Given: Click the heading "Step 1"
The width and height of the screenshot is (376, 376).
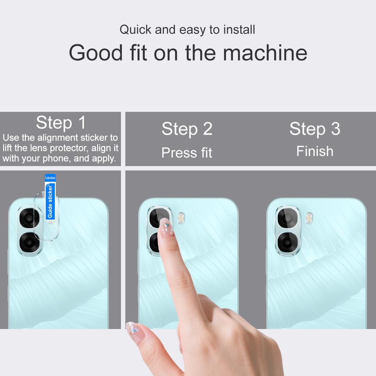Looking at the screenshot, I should (x=61, y=123).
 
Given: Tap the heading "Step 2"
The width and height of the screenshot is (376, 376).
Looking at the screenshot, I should (x=187, y=129).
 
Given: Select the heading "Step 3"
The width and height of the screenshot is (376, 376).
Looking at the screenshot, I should (x=315, y=129).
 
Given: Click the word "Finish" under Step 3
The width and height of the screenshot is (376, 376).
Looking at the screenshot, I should (x=315, y=151).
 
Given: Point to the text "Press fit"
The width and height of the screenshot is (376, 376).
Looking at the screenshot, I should (x=187, y=153).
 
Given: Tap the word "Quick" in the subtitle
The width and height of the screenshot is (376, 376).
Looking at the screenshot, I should (x=135, y=30).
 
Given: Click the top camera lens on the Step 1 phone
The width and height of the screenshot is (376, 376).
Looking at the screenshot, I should (x=29, y=219).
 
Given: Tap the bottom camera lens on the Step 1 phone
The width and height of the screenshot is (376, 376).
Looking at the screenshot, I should (x=29, y=242).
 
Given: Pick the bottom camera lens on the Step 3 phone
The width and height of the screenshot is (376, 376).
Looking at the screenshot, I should (x=287, y=242).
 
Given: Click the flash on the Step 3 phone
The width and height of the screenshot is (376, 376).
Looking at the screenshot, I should (x=309, y=218).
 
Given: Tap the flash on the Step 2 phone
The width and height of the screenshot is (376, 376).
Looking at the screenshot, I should (x=181, y=218).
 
